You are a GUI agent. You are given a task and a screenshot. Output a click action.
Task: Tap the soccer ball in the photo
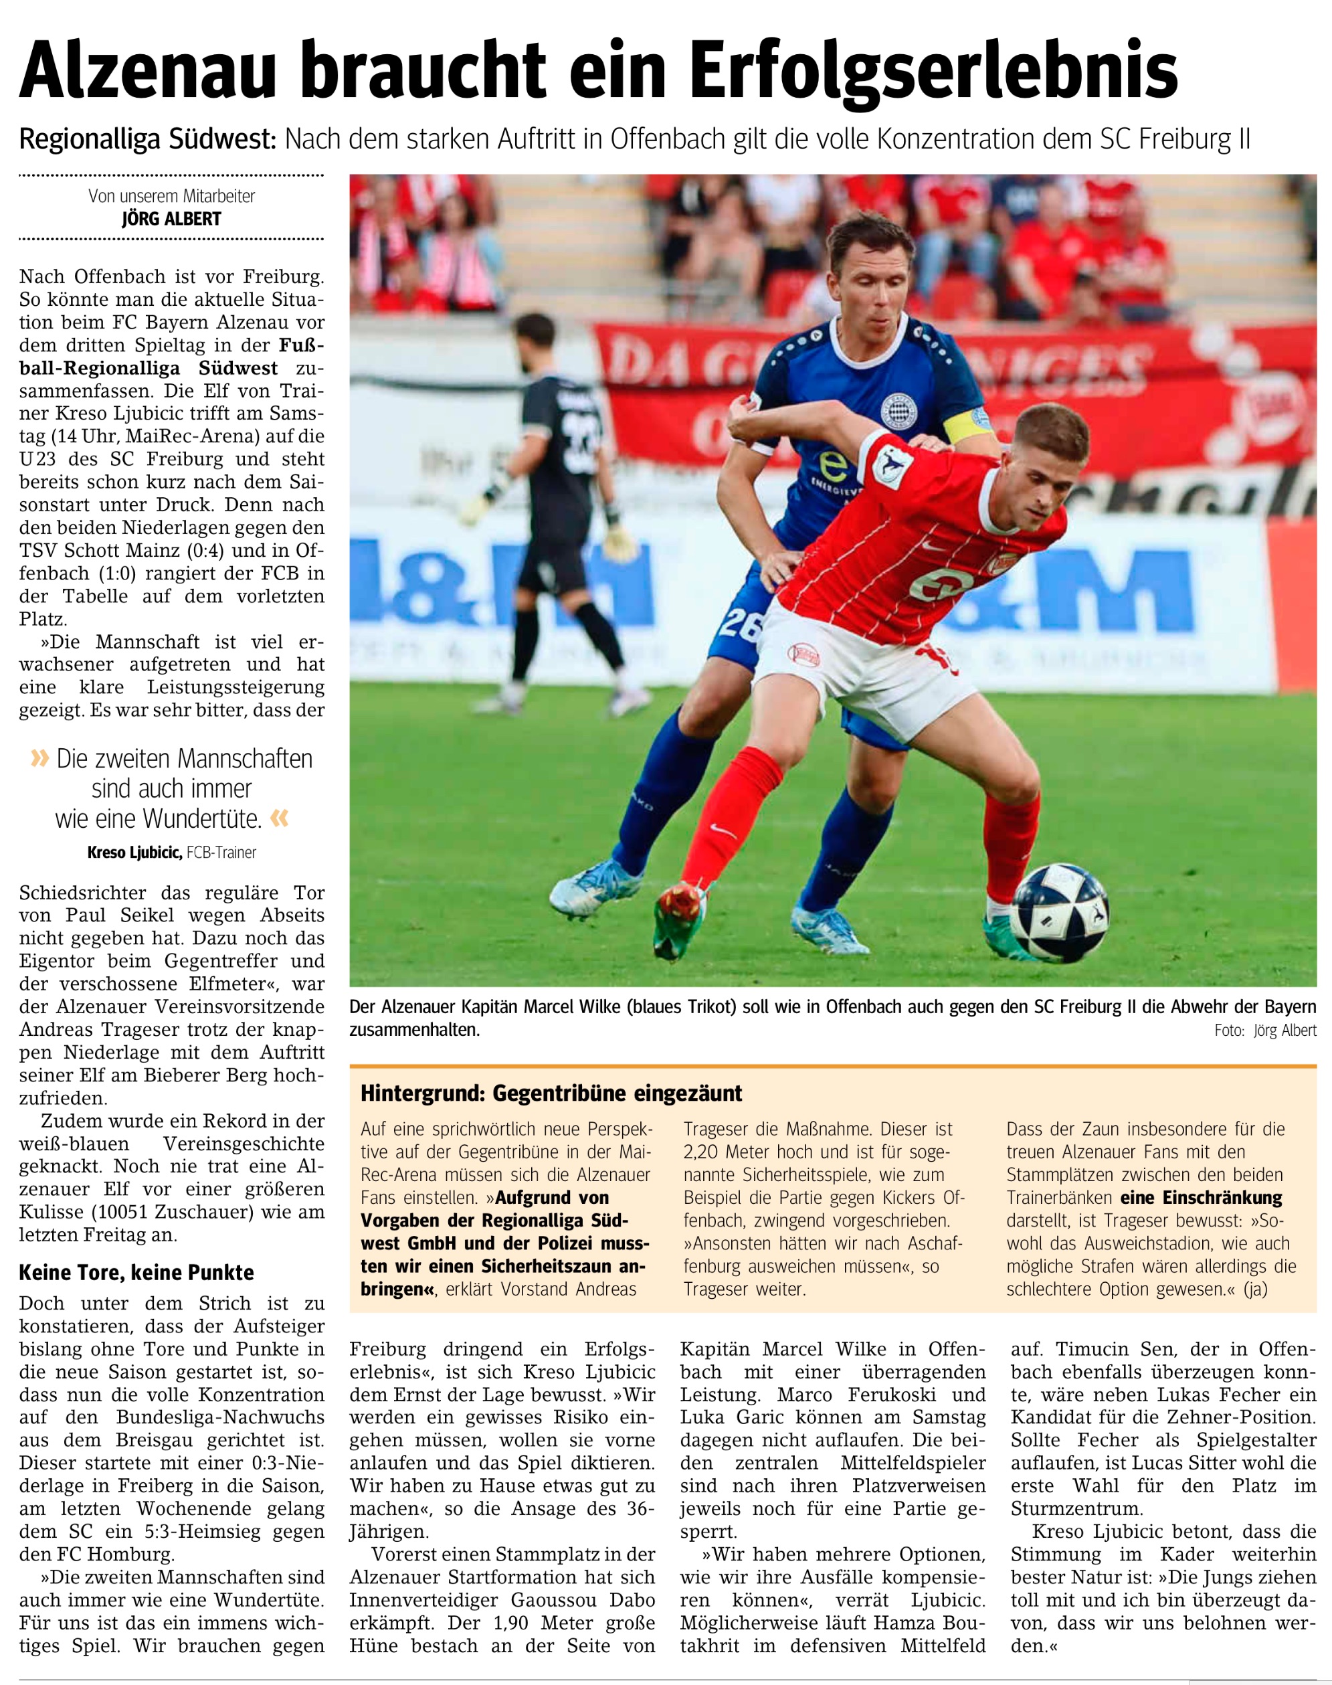tap(1058, 913)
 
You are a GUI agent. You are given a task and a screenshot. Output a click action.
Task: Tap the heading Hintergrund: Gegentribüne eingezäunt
tap(551, 1093)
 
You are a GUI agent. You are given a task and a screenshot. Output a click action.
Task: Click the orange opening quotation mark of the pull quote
tap(39, 758)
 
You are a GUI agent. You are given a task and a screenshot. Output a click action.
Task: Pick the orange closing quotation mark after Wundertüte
tap(279, 818)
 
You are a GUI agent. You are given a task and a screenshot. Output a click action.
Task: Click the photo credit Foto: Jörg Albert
tap(1264, 1031)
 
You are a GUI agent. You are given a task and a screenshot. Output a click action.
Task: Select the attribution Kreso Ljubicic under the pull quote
tap(134, 853)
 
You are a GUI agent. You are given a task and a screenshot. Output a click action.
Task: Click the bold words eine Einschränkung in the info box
tap(1201, 1197)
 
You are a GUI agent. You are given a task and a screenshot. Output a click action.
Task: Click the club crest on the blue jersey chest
tap(895, 408)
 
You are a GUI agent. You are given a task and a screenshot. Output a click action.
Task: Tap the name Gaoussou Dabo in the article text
tap(583, 1600)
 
